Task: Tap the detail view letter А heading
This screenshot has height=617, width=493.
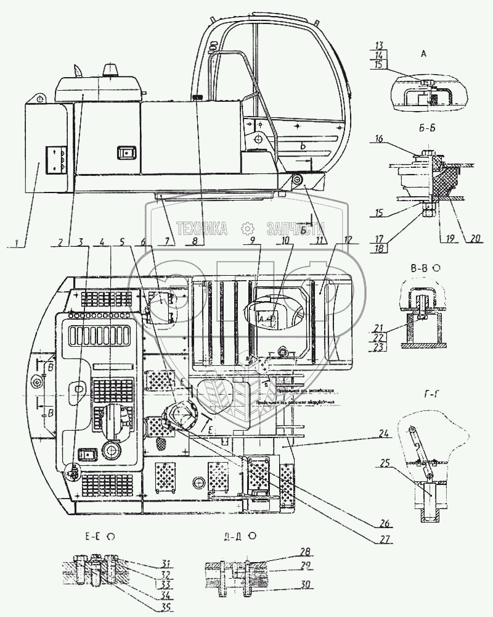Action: pyautogui.click(x=423, y=54)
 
